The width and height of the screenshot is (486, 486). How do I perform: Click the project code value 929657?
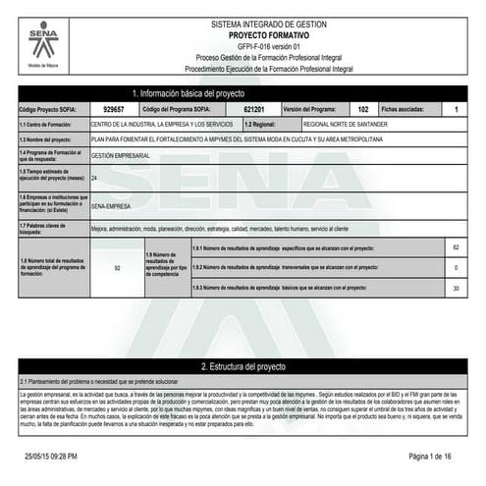[113, 109]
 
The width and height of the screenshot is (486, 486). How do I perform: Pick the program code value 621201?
[252, 109]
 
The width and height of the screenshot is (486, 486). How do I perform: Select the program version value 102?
[362, 109]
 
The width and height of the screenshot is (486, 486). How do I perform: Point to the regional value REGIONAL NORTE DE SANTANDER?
[346, 125]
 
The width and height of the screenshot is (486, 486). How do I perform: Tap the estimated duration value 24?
[94, 179]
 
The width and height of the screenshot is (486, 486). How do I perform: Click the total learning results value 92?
[117, 267]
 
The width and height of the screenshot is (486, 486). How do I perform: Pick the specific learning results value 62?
[455, 247]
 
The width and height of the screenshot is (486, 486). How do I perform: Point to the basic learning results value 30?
[455, 288]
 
